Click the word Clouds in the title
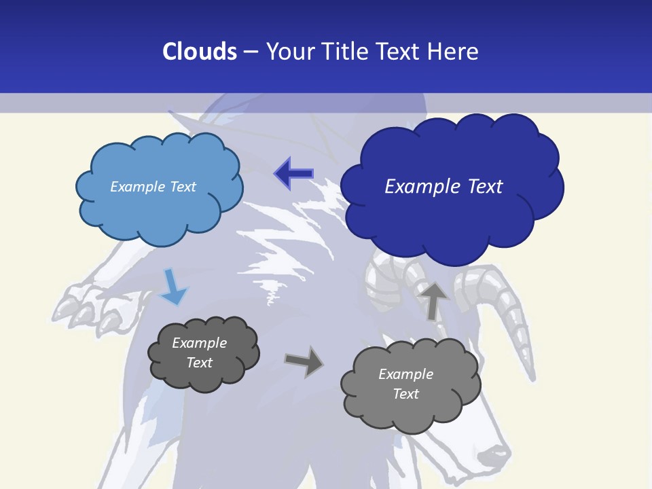(200, 52)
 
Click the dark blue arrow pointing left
(293, 174)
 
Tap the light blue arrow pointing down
(173, 288)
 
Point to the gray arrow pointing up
(433, 300)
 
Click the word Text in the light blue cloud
(181, 187)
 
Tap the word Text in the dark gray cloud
(200, 363)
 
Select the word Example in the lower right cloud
(405, 374)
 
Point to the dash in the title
(251, 52)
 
